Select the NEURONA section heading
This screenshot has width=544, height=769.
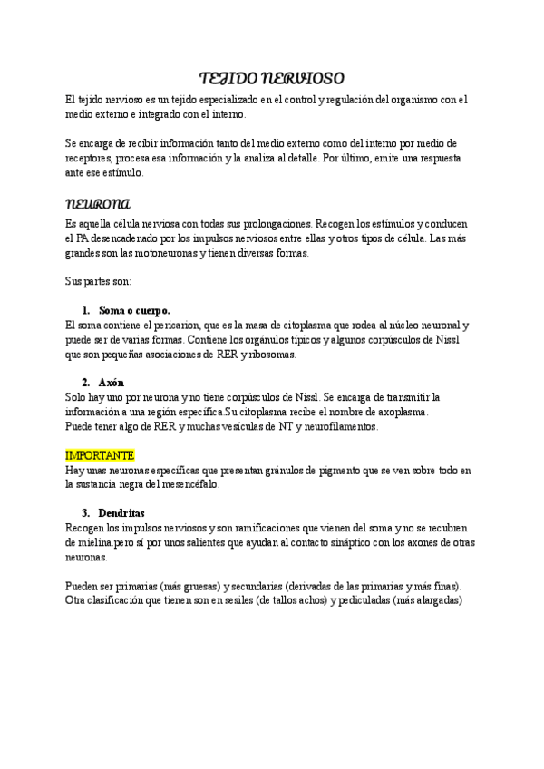[99, 202]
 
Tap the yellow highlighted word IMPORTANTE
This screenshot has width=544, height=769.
[101, 454]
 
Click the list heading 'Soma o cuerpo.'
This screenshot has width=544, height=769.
[134, 309]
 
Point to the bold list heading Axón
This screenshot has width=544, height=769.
[112, 382]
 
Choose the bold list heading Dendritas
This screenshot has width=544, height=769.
[121, 512]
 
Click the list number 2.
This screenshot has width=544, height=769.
[85, 382]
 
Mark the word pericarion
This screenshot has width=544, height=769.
[176, 324]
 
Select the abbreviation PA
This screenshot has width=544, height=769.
[84, 238]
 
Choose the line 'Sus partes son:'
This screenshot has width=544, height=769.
[98, 281]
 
